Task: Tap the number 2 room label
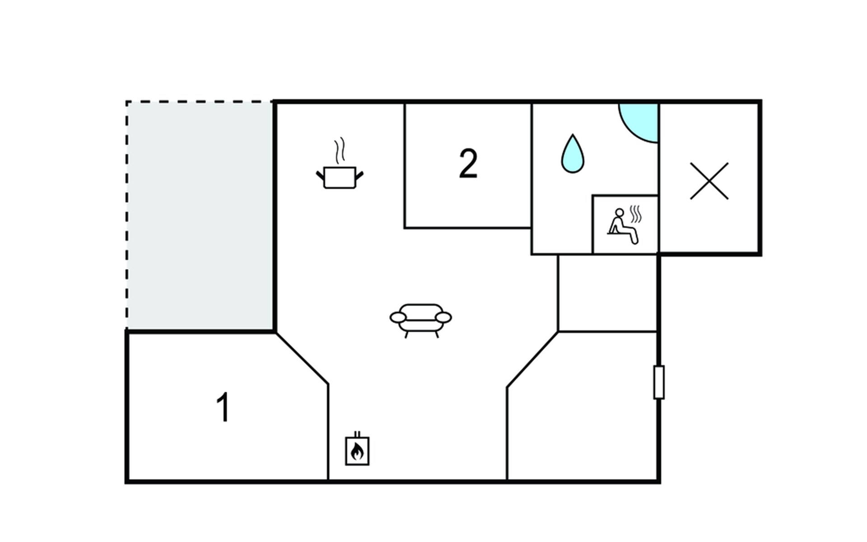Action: (468, 164)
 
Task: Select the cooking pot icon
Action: (340, 177)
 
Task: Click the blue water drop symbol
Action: (573, 155)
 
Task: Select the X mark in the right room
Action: (709, 181)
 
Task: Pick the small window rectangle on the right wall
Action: (659, 382)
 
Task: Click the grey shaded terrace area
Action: (200, 216)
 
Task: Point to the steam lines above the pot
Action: (340, 150)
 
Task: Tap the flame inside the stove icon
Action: (357, 451)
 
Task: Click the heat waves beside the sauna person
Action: (636, 214)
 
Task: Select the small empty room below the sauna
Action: (607, 293)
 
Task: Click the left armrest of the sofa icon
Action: (398, 318)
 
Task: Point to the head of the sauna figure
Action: (620, 212)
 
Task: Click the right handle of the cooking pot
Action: (359, 175)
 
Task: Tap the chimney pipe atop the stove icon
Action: (357, 434)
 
